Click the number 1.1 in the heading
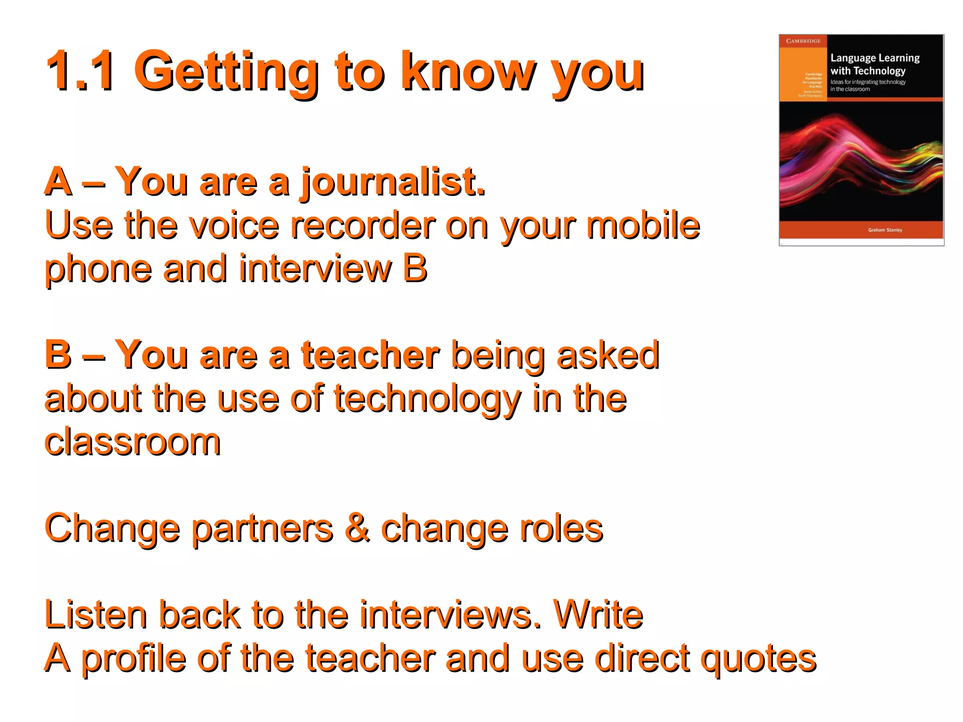click(x=80, y=71)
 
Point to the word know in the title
click(x=468, y=71)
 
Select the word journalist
click(x=393, y=183)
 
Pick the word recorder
click(x=363, y=225)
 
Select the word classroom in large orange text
click(x=133, y=442)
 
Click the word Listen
click(x=96, y=615)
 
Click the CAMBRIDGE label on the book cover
click(x=803, y=41)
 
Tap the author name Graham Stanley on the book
click(x=885, y=230)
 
